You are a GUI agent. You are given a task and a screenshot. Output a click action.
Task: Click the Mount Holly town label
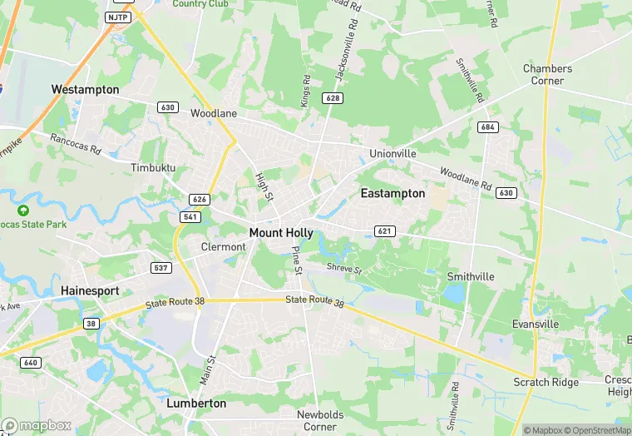coord(281,233)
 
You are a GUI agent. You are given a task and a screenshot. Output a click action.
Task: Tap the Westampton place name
coord(85,89)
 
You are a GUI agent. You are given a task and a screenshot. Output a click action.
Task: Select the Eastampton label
coord(393,193)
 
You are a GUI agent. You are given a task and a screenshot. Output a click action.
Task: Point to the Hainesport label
coord(90,291)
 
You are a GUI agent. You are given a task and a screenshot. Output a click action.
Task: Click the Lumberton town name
coord(196,404)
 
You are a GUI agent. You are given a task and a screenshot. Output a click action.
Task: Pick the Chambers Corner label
coord(547,75)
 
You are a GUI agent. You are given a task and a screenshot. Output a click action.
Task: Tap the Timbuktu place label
coord(154,167)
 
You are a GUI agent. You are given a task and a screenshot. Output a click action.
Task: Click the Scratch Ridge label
coord(546,382)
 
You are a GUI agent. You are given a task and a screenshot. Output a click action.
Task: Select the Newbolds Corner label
coord(318,420)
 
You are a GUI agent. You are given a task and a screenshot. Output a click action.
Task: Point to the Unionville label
coord(393,154)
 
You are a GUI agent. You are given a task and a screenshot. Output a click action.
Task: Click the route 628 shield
coord(333,98)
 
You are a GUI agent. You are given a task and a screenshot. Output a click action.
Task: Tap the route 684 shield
coord(488,126)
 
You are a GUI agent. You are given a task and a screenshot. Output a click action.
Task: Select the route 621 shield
coord(383,230)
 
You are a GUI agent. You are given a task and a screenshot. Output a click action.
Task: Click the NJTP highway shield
coord(117,17)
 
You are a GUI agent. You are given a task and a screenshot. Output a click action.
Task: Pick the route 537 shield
coord(161,268)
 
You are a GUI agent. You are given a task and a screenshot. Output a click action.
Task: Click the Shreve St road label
coord(344,270)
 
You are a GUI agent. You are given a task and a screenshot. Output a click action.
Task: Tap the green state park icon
coord(23,211)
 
